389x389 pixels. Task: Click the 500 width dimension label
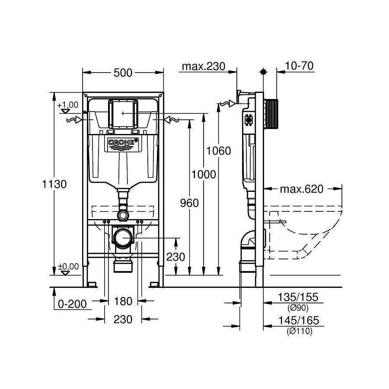[123, 73]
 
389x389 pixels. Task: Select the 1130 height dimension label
[54, 184]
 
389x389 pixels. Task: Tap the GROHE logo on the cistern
[123, 143]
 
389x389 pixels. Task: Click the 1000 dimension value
[204, 174]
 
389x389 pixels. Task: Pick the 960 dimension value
[188, 203]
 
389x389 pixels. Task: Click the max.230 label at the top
[203, 66]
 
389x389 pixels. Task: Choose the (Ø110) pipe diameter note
[299, 331]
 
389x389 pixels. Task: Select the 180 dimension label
[123, 300]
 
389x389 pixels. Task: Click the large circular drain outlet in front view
[123, 238]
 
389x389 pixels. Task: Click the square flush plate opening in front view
[123, 113]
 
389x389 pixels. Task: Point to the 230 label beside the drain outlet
[176, 257]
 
